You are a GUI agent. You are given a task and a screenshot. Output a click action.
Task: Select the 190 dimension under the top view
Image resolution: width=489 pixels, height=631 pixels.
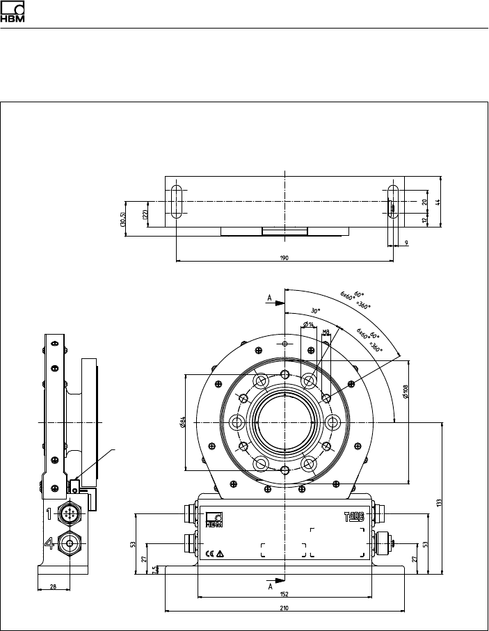coord(284,257)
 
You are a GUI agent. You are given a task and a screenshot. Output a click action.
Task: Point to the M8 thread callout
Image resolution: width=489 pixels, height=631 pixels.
coord(326,332)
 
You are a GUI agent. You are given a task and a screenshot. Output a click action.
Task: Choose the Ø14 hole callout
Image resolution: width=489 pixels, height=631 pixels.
coord(307,326)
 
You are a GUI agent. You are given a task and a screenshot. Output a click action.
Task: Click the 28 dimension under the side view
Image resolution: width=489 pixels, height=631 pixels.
coord(54,586)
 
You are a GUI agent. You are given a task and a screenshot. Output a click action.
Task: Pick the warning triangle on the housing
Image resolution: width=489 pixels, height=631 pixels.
coord(221,554)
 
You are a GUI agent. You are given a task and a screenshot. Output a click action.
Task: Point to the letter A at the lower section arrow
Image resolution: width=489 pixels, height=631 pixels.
coord(269,586)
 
